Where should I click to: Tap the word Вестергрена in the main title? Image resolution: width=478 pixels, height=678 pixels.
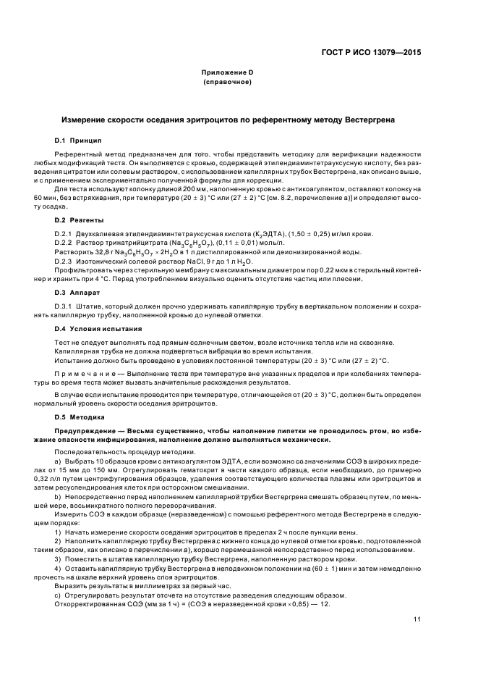tap(369, 118)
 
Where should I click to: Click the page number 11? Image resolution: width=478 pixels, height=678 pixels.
tap(417, 619)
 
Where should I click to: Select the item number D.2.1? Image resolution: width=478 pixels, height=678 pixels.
tap(64, 233)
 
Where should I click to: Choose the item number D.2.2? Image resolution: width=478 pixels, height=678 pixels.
tap(64, 242)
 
